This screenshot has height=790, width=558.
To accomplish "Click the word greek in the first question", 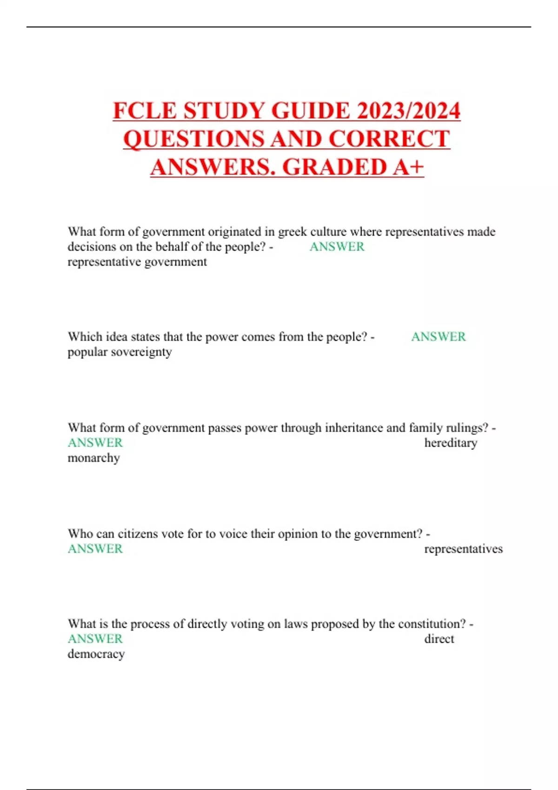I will click(x=292, y=231).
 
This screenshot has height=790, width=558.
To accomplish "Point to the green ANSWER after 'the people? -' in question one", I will click(x=337, y=247).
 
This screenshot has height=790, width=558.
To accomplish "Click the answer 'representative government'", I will click(x=137, y=262).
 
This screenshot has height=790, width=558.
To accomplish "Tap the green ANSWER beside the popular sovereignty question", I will click(x=438, y=337).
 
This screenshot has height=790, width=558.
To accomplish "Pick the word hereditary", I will click(x=451, y=443).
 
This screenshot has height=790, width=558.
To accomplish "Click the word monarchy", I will click(x=94, y=458).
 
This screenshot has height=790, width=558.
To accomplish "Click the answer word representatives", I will click(x=463, y=549).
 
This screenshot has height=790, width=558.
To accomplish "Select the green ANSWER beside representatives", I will click(x=95, y=549).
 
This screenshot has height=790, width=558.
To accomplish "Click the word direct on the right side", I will click(x=439, y=639).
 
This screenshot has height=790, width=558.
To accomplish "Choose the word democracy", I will click(x=96, y=654).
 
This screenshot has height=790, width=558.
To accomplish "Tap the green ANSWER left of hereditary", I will click(x=95, y=443).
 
